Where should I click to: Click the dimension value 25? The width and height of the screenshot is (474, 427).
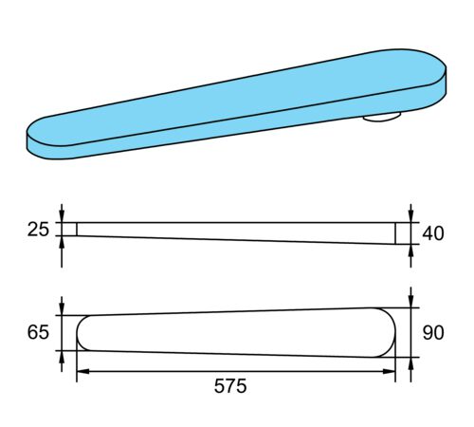pos(38,230)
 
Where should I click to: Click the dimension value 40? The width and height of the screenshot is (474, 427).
pos(433,233)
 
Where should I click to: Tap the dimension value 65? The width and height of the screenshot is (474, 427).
pos(38,332)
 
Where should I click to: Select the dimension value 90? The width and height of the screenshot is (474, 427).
pos(433,333)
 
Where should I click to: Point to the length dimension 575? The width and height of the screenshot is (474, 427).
pos(230,386)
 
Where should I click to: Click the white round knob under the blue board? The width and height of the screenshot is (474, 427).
pos(382,117)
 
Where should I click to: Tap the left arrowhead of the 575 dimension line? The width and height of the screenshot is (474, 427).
pos(83,371)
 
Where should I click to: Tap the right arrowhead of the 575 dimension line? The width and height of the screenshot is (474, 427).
pos(389,371)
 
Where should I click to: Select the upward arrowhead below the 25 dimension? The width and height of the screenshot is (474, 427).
pos(62,242)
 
